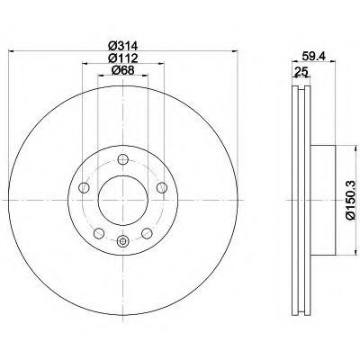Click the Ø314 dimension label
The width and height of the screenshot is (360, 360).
click(x=122, y=46)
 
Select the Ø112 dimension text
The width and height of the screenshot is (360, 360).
click(x=122, y=58)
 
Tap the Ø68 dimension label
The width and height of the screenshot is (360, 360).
click(x=122, y=70)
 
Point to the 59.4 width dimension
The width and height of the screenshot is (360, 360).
click(x=314, y=56)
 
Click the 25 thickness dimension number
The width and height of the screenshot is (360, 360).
click(x=301, y=72)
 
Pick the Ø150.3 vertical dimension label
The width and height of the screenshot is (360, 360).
click(x=352, y=200)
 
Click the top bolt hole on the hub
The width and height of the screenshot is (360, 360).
click(x=123, y=159)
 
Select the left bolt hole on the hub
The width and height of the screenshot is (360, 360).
click(x=84, y=188)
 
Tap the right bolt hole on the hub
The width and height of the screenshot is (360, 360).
click(x=162, y=188)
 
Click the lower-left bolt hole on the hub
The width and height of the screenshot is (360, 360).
click(x=99, y=233)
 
